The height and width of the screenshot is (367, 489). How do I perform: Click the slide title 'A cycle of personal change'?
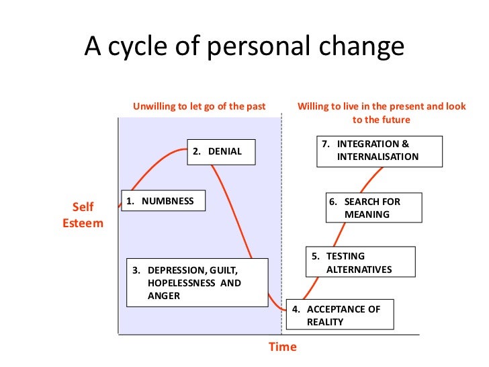(x=244, y=47)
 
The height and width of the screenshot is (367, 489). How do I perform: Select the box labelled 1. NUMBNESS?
(x=163, y=201)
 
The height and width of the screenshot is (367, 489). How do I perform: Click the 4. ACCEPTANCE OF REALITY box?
(x=340, y=315)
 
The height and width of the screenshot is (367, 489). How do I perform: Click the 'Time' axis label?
(x=282, y=347)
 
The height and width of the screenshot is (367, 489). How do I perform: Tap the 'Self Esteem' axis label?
(x=83, y=214)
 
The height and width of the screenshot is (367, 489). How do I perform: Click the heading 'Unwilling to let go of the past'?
(x=199, y=106)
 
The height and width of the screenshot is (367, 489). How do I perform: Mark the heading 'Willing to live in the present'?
(x=382, y=106)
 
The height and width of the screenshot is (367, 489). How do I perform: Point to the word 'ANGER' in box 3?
(x=164, y=295)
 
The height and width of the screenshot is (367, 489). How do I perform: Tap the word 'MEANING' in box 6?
(x=367, y=215)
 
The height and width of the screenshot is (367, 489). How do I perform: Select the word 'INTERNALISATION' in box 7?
(x=377, y=157)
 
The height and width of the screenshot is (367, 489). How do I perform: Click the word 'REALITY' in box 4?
(x=325, y=322)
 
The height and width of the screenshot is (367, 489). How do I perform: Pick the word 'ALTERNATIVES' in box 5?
(x=359, y=270)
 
